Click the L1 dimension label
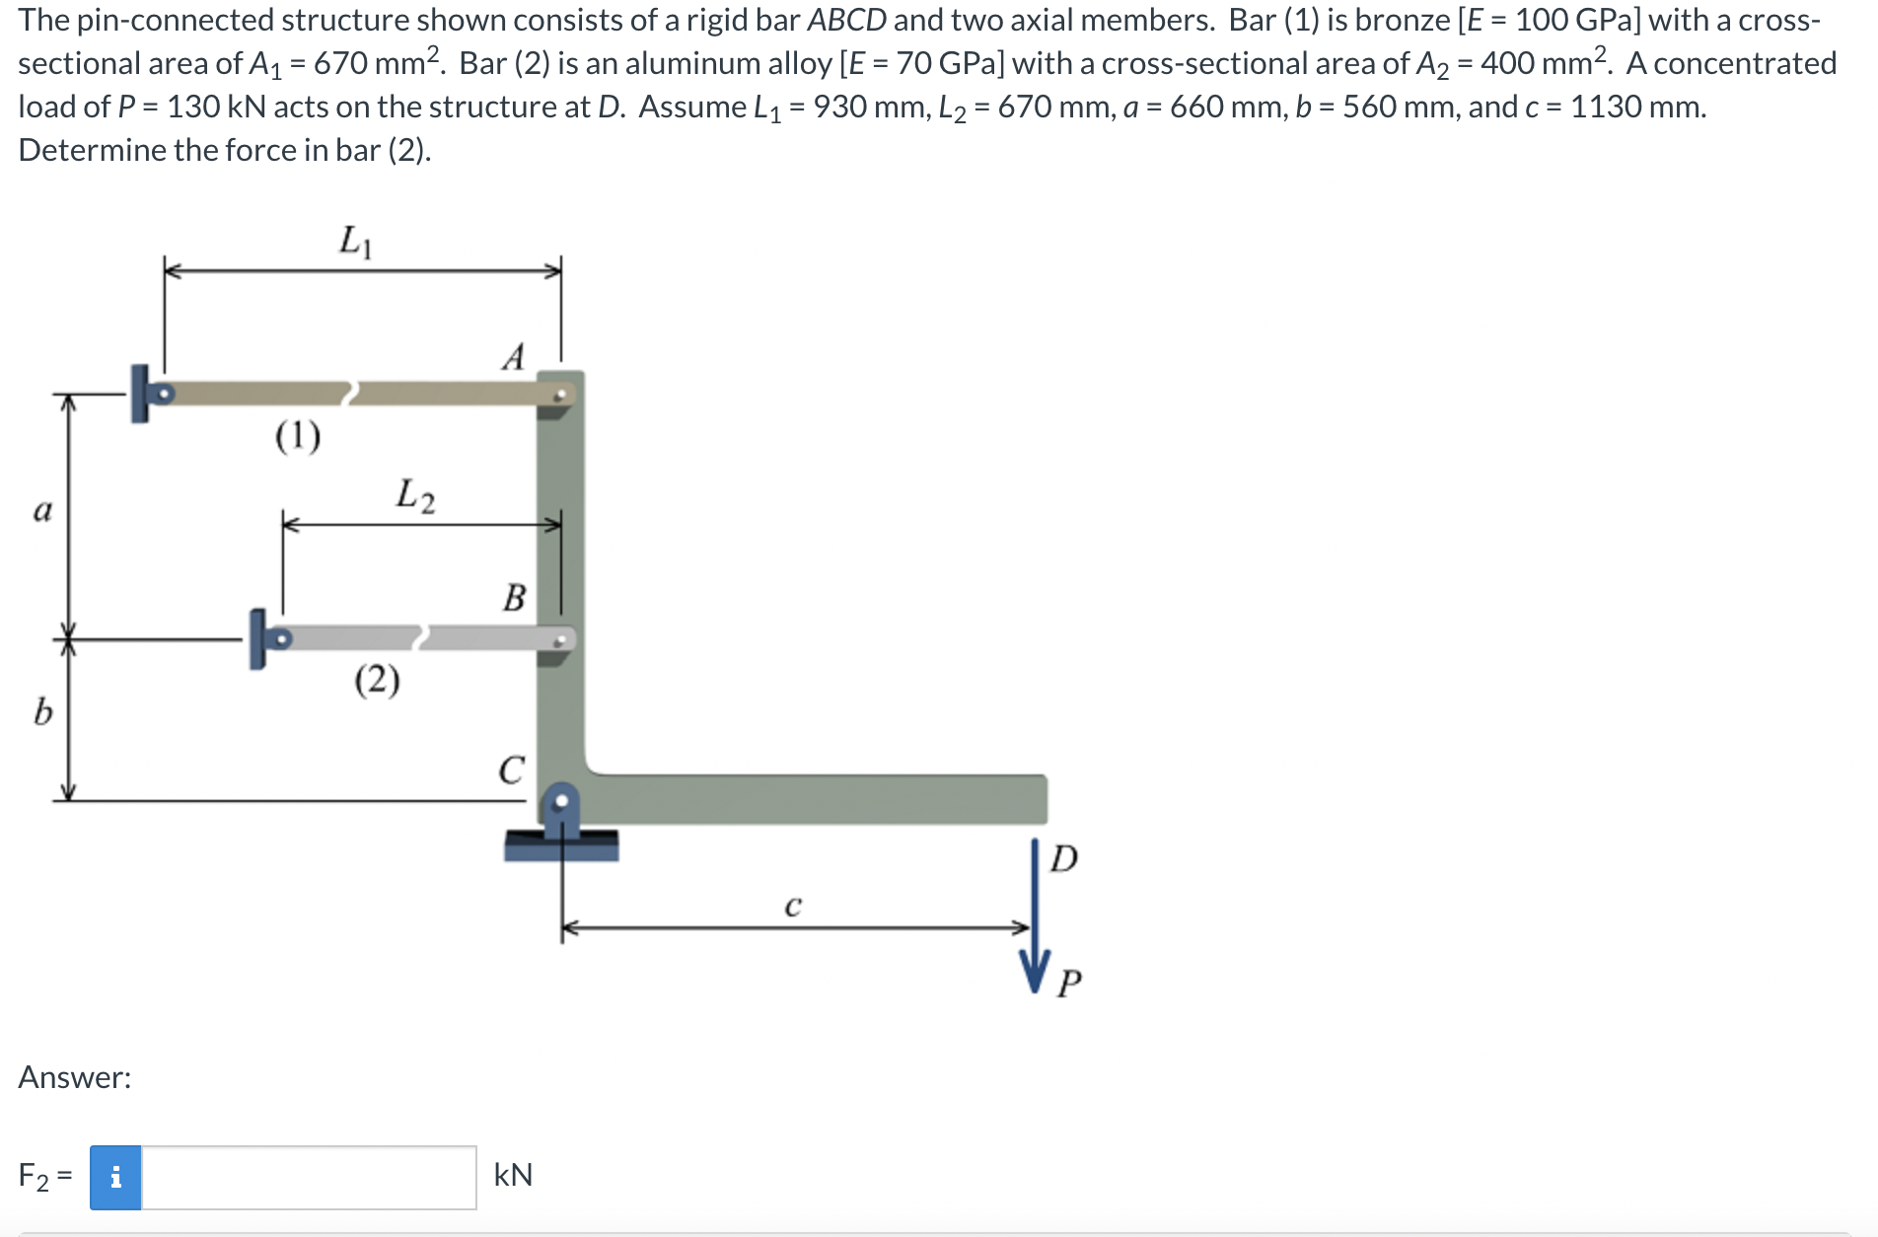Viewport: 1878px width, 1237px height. pos(355,241)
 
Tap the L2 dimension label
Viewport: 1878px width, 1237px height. pos(414,495)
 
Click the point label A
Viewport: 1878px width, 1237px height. pos(513,356)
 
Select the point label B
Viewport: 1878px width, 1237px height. pos(514,598)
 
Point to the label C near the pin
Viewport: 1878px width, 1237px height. pos(511,769)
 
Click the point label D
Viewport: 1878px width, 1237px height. pos(1063,858)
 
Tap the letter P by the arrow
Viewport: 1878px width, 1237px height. pos(1069,982)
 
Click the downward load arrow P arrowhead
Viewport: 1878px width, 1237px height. pos(1035,972)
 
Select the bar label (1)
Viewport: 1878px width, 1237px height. pos(298,435)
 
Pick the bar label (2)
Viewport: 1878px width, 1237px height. pos(377,680)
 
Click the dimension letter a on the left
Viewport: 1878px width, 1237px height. pos(42,510)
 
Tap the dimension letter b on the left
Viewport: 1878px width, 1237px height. pos(42,711)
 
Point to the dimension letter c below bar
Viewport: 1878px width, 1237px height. pos(793,905)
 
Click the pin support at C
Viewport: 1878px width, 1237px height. pos(561,814)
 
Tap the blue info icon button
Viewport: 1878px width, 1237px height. pos(115,1177)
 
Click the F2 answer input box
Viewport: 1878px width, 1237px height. pos(308,1177)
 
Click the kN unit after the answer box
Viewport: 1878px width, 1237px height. pos(513,1175)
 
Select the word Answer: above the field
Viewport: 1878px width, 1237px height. pos(75,1077)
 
